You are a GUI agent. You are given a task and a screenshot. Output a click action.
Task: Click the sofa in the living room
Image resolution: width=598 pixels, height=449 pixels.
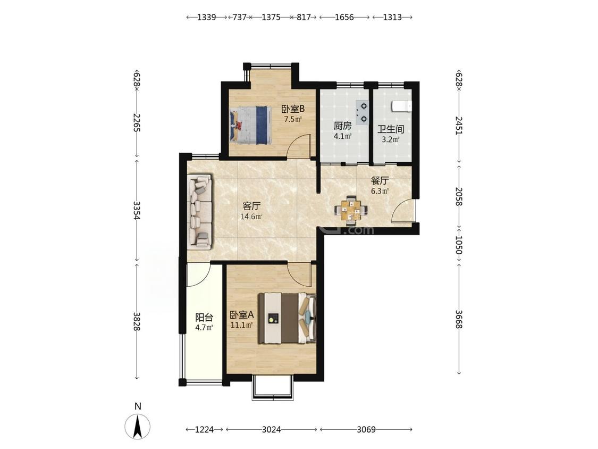[x=200, y=212]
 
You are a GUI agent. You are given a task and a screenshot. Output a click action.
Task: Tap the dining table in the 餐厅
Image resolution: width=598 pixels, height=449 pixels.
[x=351, y=210]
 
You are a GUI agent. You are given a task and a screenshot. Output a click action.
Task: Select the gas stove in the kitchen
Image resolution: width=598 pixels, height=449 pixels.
[x=363, y=112]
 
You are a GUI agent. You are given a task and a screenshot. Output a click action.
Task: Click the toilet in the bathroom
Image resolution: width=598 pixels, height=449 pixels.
[x=402, y=106]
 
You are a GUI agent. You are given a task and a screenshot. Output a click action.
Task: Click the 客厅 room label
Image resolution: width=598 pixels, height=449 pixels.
[x=251, y=206]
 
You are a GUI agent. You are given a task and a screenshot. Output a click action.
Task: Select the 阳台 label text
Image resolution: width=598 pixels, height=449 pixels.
[x=204, y=317]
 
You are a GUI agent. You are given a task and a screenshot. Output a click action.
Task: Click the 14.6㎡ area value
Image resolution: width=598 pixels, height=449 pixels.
[x=251, y=217]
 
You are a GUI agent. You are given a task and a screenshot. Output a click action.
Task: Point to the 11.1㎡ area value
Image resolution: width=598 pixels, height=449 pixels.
[x=242, y=326]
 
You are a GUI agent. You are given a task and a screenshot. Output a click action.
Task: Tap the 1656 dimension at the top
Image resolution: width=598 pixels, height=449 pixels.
[x=344, y=17]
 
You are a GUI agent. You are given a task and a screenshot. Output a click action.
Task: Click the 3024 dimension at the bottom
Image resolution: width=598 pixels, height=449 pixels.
[x=272, y=429]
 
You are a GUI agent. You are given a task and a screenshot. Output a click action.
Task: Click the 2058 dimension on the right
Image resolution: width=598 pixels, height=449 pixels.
[x=459, y=197]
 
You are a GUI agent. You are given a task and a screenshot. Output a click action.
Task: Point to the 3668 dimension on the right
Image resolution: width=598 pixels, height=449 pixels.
[x=459, y=319]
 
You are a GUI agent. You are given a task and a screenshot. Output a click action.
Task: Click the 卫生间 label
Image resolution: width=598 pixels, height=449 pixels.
[x=391, y=129]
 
